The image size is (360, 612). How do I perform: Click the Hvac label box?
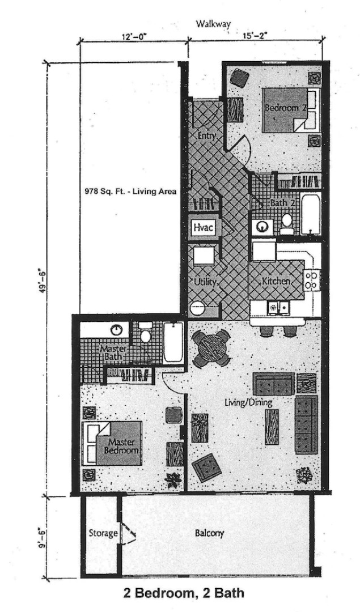203,227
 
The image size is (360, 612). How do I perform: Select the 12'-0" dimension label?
134,36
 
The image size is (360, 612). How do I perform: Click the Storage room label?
103,533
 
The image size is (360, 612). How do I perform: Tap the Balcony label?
209,533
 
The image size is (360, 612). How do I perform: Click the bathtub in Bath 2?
310,215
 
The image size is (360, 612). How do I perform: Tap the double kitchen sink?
278,307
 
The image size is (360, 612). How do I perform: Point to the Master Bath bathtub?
172,343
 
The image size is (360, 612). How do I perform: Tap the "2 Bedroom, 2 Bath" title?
184,594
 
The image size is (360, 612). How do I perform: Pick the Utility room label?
203,282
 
